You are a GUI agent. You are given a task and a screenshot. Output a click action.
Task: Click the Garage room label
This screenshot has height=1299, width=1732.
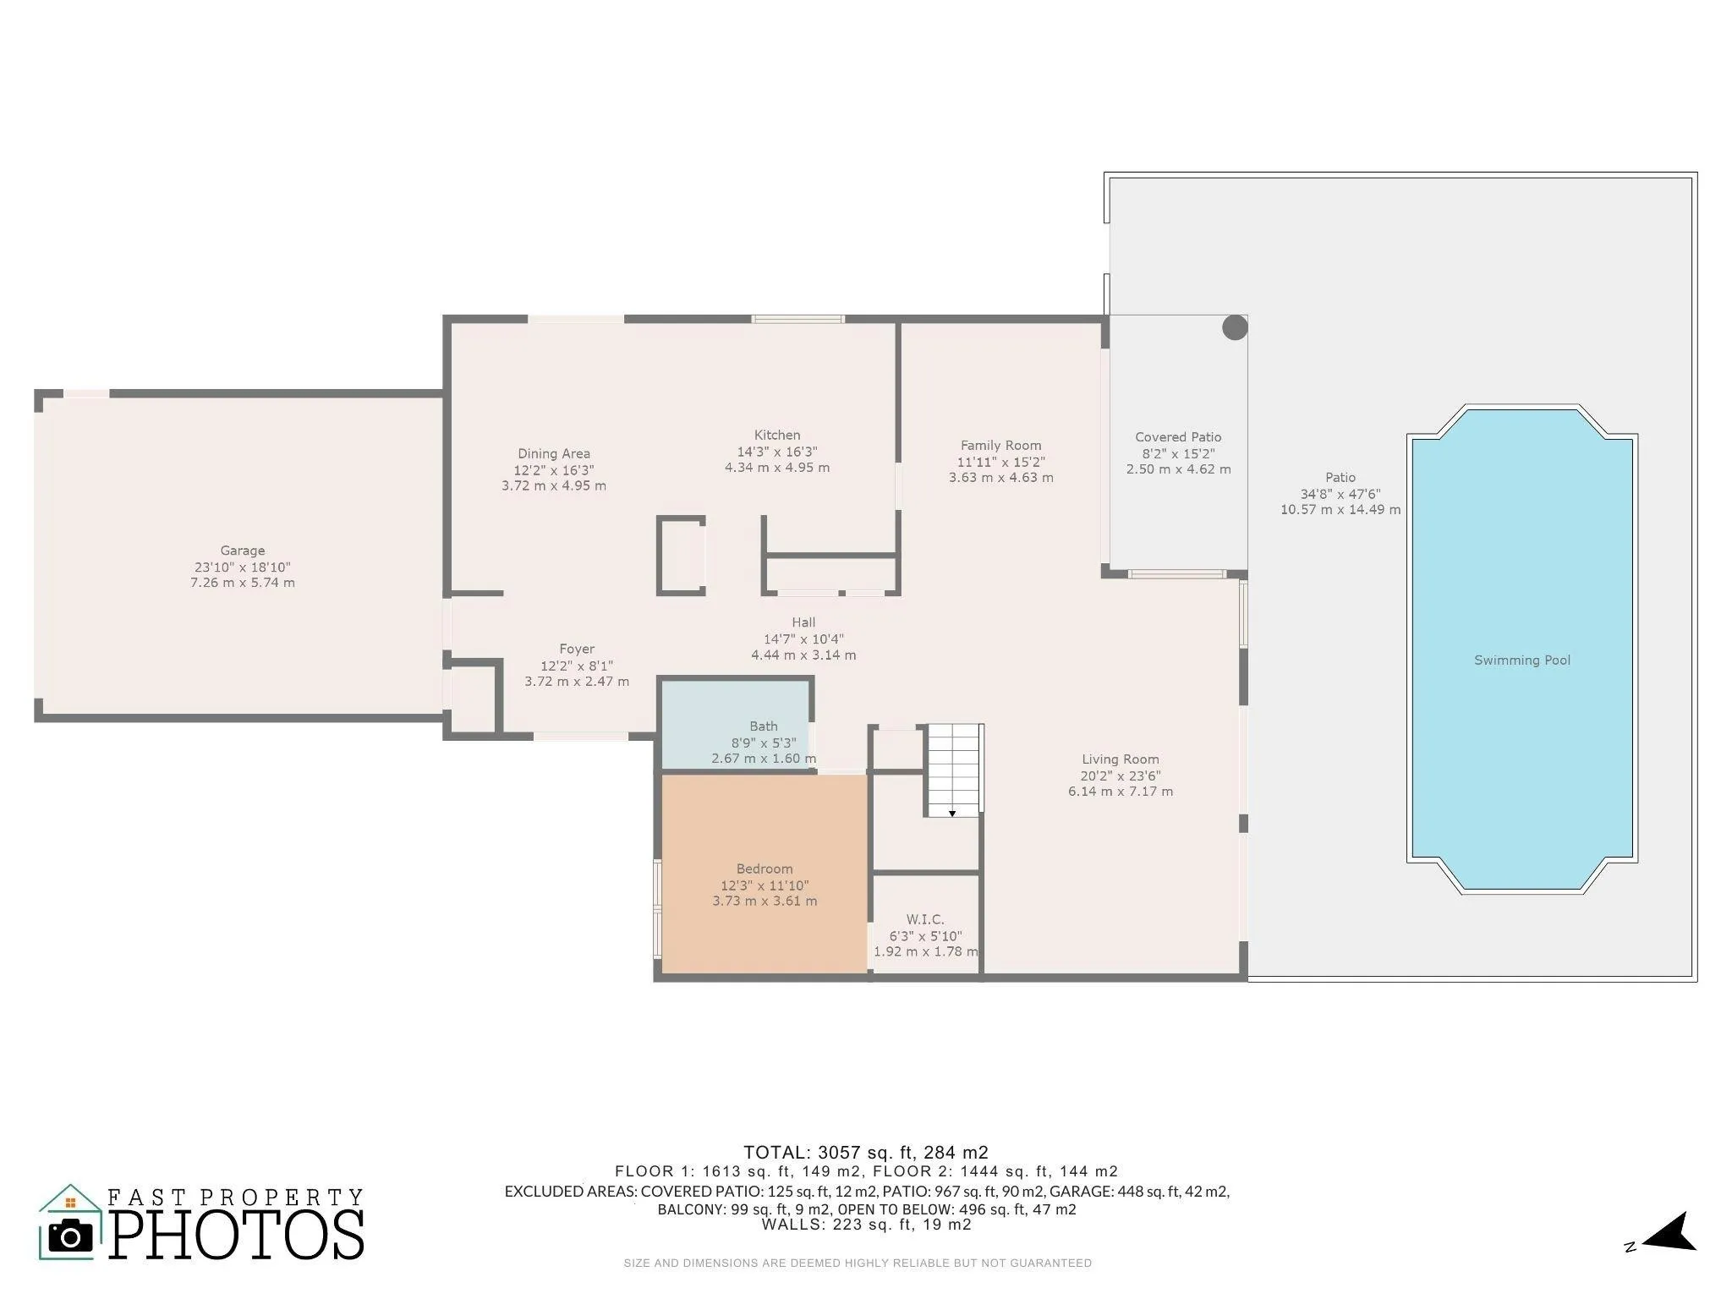tap(243, 551)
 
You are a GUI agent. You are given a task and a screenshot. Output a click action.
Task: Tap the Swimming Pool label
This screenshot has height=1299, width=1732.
tap(1522, 660)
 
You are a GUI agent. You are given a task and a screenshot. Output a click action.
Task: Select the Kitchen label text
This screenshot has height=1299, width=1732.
tap(777, 436)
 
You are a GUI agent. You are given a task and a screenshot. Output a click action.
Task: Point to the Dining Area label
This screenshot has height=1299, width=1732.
tap(554, 454)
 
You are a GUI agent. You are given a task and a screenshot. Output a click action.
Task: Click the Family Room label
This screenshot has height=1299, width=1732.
tap(1001, 446)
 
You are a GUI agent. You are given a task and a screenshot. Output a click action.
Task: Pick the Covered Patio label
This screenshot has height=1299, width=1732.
tap(1178, 437)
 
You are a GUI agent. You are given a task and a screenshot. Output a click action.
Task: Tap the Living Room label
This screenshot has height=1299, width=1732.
tap(1121, 759)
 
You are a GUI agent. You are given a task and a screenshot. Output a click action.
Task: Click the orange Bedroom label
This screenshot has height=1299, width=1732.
tap(765, 869)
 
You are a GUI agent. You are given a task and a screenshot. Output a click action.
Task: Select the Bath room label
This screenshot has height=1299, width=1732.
tap(764, 726)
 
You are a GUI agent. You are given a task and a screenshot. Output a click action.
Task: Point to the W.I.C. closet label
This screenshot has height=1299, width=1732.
tap(925, 919)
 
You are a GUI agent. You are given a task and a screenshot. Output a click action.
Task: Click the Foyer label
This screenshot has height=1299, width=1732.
tap(577, 649)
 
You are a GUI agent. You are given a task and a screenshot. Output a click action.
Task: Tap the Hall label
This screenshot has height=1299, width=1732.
tap(803, 623)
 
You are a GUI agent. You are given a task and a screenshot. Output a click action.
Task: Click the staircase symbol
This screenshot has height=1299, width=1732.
tap(953, 770)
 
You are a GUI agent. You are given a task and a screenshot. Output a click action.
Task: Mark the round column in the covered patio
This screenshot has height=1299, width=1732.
tap(1235, 328)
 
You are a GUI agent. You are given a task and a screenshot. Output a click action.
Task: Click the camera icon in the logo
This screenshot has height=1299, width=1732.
tap(70, 1236)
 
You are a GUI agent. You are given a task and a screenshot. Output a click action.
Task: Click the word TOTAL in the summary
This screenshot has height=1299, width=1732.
tap(776, 1153)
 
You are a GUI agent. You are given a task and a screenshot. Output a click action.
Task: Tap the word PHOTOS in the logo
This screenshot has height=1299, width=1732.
tap(238, 1234)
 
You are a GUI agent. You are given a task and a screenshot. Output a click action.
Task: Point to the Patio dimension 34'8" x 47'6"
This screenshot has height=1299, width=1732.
tap(1340, 494)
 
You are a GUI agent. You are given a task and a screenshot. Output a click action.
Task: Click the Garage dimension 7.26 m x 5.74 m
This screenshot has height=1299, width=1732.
tap(243, 583)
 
